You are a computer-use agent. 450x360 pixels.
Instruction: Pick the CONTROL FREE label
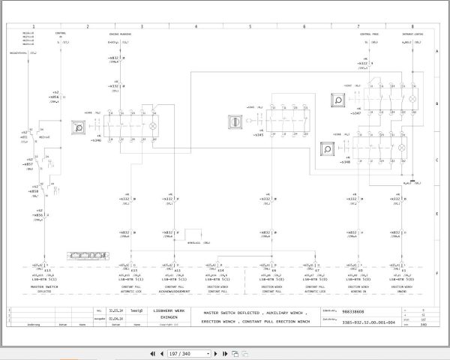tap(370, 34)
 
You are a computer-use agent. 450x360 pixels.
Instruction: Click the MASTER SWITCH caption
tap(45, 286)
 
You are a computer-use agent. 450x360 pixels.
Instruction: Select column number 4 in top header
tap(196, 26)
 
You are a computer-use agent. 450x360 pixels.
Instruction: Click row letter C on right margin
tap(436, 160)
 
